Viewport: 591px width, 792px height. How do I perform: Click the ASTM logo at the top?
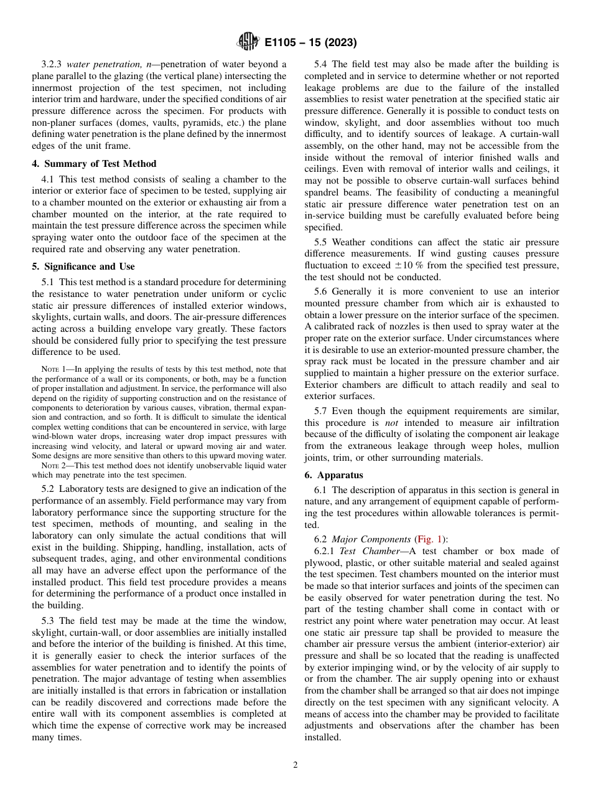248,42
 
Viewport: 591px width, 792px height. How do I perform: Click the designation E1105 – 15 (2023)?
310,43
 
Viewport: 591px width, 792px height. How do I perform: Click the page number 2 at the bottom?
295,765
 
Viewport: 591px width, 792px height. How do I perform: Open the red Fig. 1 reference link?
429,539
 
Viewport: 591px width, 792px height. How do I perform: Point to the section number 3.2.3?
52,64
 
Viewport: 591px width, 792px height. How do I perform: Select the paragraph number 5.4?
322,64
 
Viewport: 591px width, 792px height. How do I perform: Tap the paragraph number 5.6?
322,291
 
